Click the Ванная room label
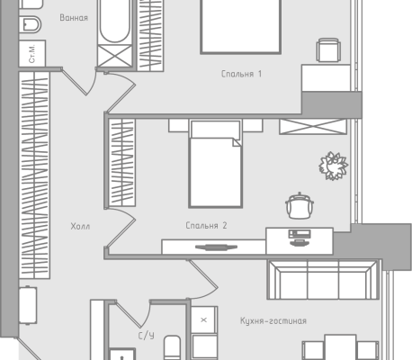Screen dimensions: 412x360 (74, 18)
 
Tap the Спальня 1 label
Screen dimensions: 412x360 (241, 74)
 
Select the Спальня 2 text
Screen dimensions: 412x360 (206, 225)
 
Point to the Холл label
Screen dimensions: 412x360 (80, 226)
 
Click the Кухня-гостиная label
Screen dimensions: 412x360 (273, 321)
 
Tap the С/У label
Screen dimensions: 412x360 (147, 336)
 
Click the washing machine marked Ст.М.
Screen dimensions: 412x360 (32, 53)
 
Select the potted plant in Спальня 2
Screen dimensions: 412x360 (333, 166)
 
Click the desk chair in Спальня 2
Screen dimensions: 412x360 (300, 206)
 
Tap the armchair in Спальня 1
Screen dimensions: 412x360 (328, 50)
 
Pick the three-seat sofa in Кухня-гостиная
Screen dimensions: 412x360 (323, 280)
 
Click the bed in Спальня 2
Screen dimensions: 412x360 (215, 164)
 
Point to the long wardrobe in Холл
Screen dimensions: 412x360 (34, 175)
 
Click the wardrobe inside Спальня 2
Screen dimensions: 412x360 (121, 162)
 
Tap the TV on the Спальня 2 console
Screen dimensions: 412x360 (216, 247)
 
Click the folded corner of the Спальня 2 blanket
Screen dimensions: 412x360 (237, 142)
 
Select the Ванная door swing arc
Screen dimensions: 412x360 (92, 83)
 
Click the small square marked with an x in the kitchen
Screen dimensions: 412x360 (204, 319)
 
